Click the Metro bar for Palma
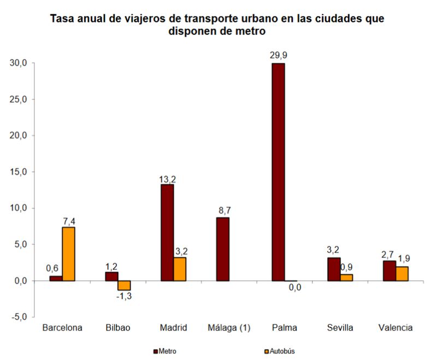pyautogui.click(x=278, y=172)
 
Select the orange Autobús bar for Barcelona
pyautogui.click(x=69, y=253)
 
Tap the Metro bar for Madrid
pyautogui.click(x=167, y=233)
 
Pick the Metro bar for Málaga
pyautogui.click(x=222, y=249)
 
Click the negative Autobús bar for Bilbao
pyautogui.click(x=124, y=285)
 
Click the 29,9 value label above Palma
pyautogui.click(x=278, y=55)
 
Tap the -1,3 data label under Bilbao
pyautogui.click(x=125, y=296)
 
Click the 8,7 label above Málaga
pyautogui.click(x=222, y=210)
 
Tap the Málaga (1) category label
pyautogui.click(x=229, y=328)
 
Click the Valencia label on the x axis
pyautogui.click(x=395, y=328)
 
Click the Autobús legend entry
pyautogui.click(x=281, y=351)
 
